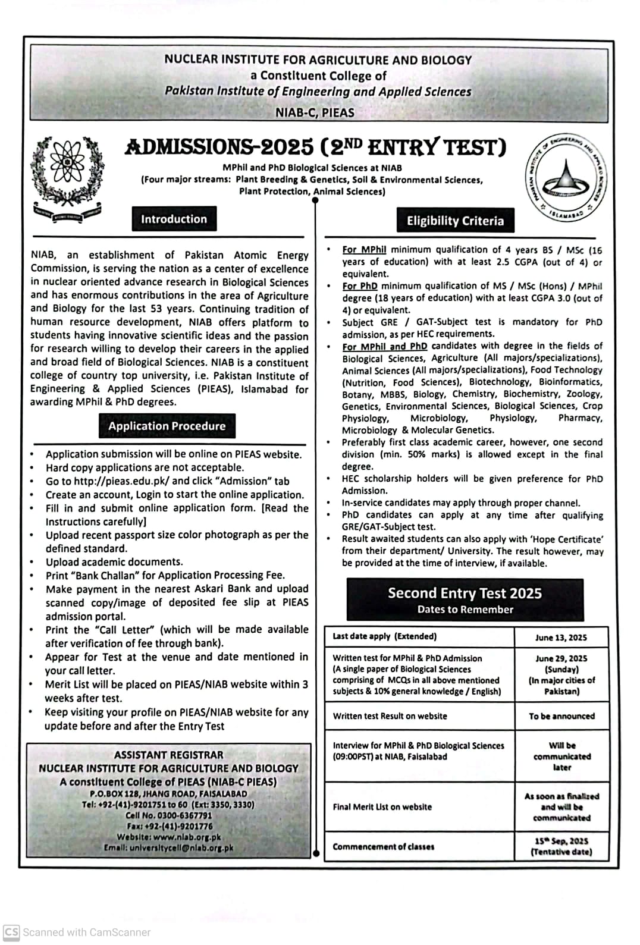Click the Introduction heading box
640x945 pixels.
174,219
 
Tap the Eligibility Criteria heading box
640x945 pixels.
455,221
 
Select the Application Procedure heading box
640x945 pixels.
167,426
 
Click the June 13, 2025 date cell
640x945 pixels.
560,638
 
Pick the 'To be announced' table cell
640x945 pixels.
561,716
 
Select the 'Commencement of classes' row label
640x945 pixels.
383,846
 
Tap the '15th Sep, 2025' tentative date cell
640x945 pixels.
561,846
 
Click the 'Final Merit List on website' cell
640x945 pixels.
382,807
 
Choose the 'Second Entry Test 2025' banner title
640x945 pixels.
465,593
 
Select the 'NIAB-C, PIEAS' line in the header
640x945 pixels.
315,112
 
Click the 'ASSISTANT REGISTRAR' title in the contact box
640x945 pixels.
169,755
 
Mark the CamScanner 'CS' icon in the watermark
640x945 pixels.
11,932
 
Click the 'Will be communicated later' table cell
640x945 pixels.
561,756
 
